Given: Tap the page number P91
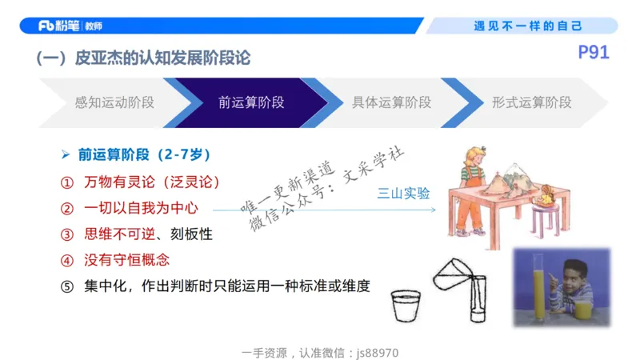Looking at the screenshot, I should pyautogui.click(x=594, y=54).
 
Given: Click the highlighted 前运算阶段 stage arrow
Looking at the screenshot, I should pyautogui.click(x=251, y=102).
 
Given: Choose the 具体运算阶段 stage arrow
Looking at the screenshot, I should pyautogui.click(x=391, y=102).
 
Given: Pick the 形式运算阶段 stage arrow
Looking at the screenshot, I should pyautogui.click(x=531, y=102).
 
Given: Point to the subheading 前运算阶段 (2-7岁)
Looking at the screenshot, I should pyautogui.click(x=144, y=154).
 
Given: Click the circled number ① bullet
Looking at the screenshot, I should pyautogui.click(x=67, y=182).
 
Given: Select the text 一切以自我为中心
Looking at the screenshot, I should pyautogui.click(x=141, y=208).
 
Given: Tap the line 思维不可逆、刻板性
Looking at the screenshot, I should pyautogui.click(x=148, y=234).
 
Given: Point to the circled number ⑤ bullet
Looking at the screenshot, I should pyautogui.click(x=67, y=286).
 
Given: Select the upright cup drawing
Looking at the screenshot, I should pyautogui.click(x=406, y=306).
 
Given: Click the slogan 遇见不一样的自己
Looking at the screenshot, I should pyautogui.click(x=528, y=26).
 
